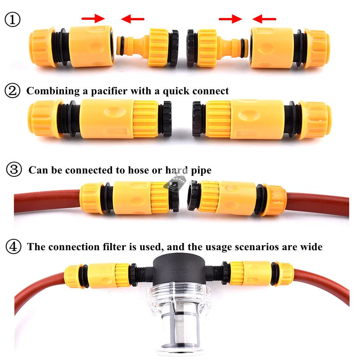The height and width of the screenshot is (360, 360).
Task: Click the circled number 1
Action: [x=13, y=19]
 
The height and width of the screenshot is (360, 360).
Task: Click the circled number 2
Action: [x=13, y=90]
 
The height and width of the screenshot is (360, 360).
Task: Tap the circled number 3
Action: [x=14, y=170]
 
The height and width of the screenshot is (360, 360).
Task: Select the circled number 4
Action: [x=13, y=246]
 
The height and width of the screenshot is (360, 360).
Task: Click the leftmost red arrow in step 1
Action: [x=93, y=18]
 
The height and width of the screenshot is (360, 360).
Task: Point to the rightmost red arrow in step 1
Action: [x=264, y=19]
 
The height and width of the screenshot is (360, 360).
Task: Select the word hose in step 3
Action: [x=139, y=170]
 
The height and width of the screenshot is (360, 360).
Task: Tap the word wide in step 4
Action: [x=311, y=247]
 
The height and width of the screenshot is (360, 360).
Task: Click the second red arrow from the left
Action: [x=133, y=19]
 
